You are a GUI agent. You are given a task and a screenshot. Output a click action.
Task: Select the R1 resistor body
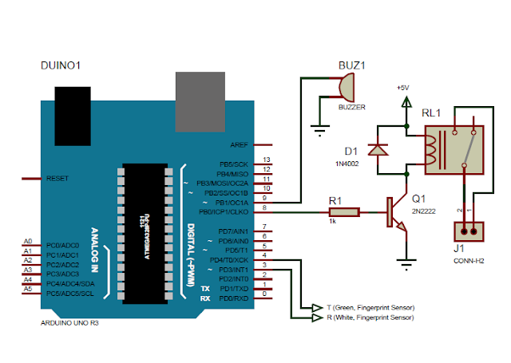(x=344, y=212)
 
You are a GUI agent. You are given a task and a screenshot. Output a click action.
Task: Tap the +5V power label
(x=406, y=87)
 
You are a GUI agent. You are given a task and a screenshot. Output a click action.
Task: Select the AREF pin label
(x=239, y=145)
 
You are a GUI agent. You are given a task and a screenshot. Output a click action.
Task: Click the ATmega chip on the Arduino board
(x=146, y=233)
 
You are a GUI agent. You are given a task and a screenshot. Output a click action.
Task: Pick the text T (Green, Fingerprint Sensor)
(x=370, y=307)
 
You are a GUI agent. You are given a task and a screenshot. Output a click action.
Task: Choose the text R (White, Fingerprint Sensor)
(x=370, y=317)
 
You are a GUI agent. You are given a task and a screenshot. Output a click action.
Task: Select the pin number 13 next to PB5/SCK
(x=267, y=160)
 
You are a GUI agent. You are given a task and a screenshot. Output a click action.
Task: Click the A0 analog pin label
(x=28, y=241)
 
